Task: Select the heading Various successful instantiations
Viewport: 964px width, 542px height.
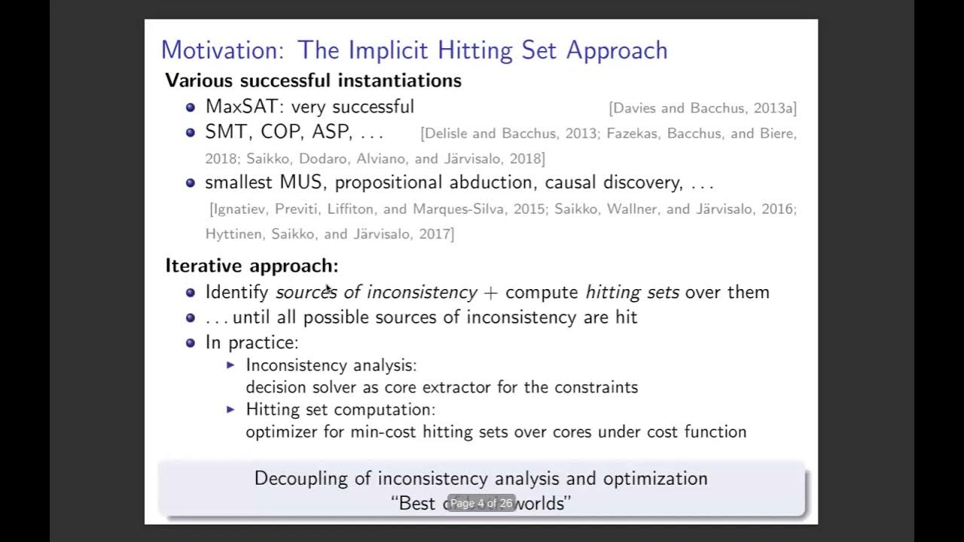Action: (x=313, y=81)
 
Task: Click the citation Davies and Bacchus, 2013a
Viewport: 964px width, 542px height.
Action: (x=703, y=108)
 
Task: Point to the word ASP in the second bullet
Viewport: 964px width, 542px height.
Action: (x=331, y=132)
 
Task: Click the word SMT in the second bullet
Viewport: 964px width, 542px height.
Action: (x=226, y=132)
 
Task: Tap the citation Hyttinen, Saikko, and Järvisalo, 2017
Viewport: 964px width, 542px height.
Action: (x=329, y=234)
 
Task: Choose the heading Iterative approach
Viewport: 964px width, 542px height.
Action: (x=252, y=266)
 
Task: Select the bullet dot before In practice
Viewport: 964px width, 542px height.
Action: (x=191, y=343)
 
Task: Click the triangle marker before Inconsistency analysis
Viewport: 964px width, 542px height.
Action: (x=231, y=365)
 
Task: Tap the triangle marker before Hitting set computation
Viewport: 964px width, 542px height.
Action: (x=231, y=410)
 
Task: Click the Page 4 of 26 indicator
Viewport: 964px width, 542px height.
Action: (x=481, y=503)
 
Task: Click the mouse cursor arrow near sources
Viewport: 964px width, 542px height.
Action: (x=328, y=288)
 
